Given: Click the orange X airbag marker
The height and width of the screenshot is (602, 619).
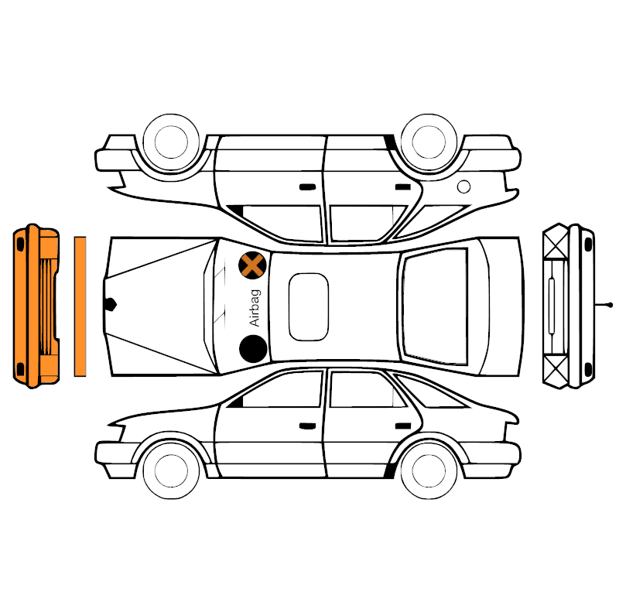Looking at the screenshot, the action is point(252,265).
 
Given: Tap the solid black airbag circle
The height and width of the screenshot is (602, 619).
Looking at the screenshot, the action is point(253,348).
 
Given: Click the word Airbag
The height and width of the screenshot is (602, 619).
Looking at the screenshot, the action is point(255,308).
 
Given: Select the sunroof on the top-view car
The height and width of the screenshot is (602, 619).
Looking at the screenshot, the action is point(308,306).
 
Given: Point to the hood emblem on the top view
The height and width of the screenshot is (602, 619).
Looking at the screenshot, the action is point(110,304).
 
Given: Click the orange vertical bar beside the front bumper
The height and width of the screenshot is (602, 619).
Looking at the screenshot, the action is point(80,306).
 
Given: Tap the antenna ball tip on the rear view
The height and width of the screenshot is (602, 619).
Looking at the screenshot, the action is point(610,305).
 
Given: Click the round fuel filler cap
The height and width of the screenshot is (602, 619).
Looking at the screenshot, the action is point(463,186).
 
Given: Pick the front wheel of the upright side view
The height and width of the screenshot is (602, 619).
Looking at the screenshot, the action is point(171,470).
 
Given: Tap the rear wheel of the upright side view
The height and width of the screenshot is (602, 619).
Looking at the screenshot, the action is point(429,470).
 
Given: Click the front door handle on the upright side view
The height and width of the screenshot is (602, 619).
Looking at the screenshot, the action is point(307,426).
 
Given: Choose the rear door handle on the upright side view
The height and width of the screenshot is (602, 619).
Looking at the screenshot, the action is point(403,426).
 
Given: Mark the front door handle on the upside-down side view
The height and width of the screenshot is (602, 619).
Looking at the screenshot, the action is point(307,186).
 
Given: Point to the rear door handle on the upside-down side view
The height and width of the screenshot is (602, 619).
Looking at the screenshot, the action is point(403,186).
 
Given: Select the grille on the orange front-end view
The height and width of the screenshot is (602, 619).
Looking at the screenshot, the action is point(46,306).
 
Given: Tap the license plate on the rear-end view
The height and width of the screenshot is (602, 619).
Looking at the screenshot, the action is point(552,306).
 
